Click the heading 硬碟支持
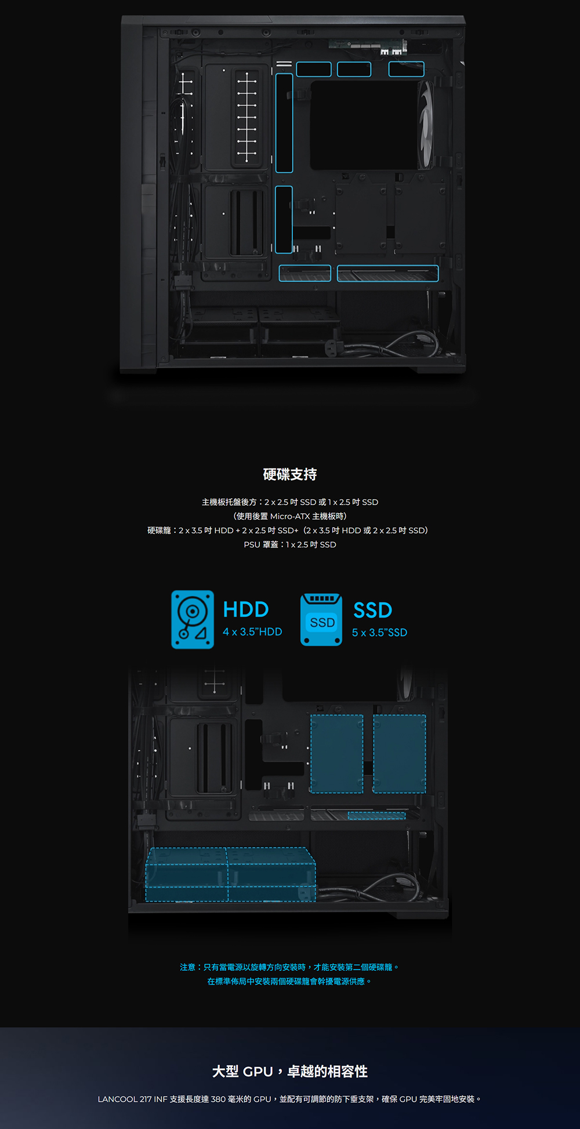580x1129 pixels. pyautogui.click(x=290, y=474)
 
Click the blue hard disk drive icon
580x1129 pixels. pyautogui.click(x=193, y=619)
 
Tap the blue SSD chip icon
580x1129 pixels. pyautogui.click(x=321, y=620)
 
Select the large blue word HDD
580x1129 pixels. pyautogui.click(x=246, y=609)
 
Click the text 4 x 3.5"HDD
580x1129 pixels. pyautogui.click(x=252, y=631)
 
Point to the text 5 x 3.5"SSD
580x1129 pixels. pyautogui.click(x=379, y=632)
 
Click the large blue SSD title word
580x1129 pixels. pyautogui.click(x=373, y=610)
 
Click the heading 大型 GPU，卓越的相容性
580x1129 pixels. pyautogui.click(x=290, y=1071)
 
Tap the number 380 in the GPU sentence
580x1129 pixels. pyautogui.click(x=218, y=1099)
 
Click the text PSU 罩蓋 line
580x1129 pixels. pyautogui.click(x=290, y=544)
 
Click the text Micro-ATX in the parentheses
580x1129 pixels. pyautogui.click(x=290, y=516)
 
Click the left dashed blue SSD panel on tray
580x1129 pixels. pyautogui.click(x=336, y=754)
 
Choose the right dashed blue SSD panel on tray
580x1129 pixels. pyautogui.click(x=400, y=754)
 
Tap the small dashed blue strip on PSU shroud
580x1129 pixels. pyautogui.click(x=376, y=816)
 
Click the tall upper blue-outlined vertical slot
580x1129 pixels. pyautogui.click(x=284, y=123)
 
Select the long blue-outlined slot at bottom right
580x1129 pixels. pyautogui.click(x=387, y=273)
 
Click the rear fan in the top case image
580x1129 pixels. pyautogui.click(x=426, y=125)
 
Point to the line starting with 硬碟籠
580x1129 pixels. pyautogui.click(x=288, y=530)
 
